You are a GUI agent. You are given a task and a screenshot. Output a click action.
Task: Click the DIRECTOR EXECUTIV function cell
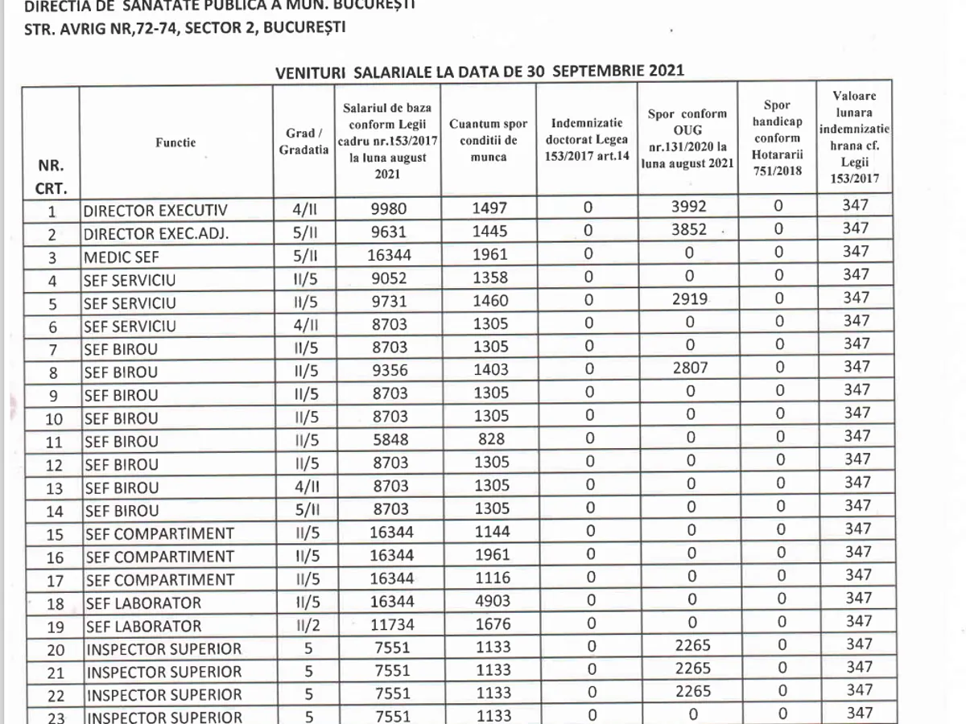[155, 212]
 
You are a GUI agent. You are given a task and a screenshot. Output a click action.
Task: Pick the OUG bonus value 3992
[687, 207]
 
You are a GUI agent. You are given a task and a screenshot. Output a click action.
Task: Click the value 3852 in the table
[687, 230]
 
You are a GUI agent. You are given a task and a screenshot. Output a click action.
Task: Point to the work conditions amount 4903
[489, 602]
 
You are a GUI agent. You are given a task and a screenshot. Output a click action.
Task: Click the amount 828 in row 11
[489, 439]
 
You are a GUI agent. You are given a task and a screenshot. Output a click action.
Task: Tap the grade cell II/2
[304, 625]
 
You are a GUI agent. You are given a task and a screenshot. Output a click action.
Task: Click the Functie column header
[175, 142]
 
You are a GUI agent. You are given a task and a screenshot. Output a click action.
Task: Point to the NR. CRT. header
[51, 178]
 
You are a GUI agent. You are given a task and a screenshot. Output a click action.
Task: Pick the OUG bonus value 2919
[687, 300]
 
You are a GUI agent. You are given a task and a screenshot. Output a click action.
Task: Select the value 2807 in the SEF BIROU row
[687, 370]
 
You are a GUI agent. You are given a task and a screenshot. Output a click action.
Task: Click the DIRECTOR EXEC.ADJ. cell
[156, 235]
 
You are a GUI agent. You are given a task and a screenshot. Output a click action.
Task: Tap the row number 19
[53, 626]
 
